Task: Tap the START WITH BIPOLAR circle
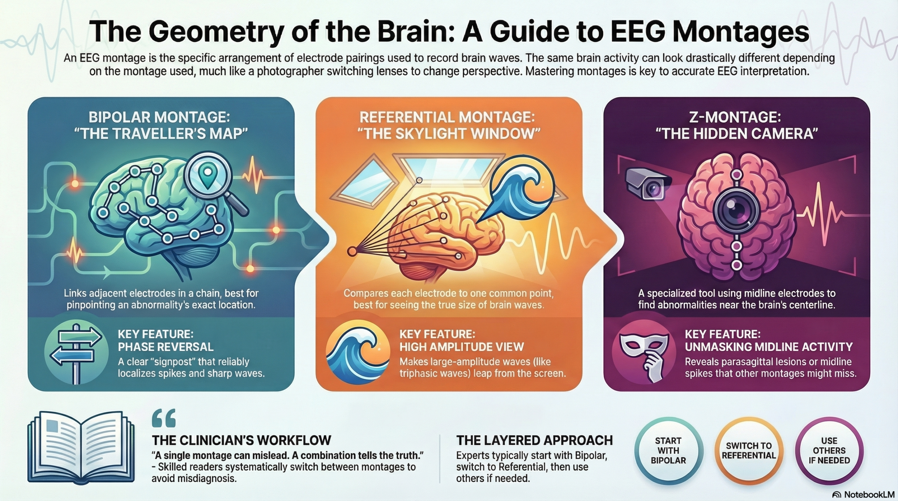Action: coord(668,451)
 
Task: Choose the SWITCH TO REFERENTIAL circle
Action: coord(749,451)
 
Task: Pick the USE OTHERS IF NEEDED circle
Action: coord(829,451)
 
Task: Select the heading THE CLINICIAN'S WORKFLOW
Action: coord(241,440)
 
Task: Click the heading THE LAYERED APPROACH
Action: coord(534,440)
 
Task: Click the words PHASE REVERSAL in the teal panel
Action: coord(166,347)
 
